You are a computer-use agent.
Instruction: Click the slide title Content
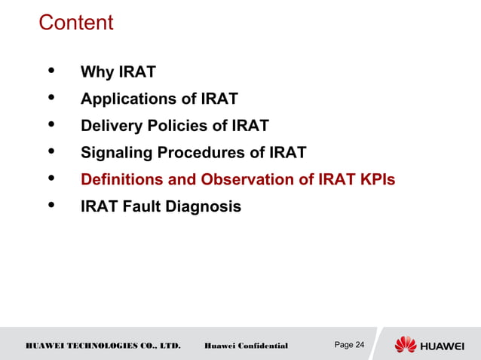point(75,23)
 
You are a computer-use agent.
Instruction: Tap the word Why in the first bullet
point(97,72)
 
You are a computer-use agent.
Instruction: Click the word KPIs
point(375,180)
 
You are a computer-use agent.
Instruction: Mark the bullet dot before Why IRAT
point(51,72)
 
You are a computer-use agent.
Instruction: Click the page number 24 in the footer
point(359,345)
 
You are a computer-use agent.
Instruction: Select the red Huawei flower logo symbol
point(406,345)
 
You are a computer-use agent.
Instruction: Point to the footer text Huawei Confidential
point(246,346)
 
